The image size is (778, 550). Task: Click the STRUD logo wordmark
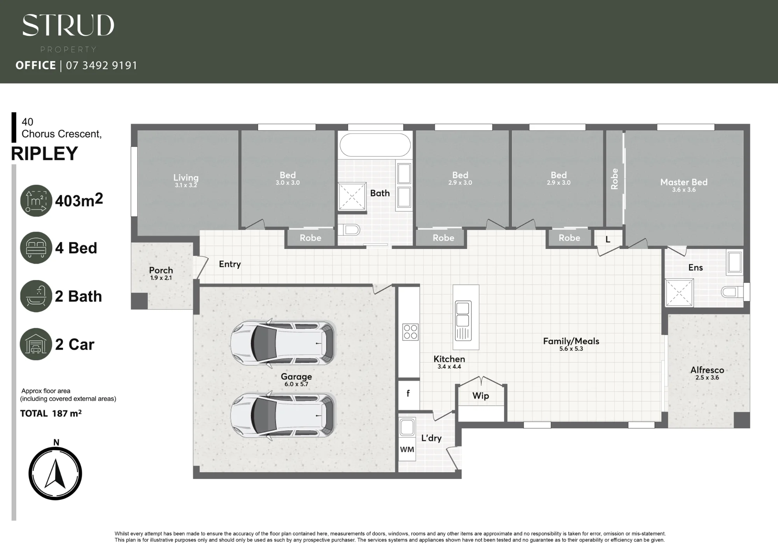click(68, 25)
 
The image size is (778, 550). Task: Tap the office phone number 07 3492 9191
click(102, 65)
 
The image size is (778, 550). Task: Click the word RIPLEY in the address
click(44, 154)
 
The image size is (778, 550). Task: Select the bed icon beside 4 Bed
click(36, 248)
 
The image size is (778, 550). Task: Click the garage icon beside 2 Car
click(36, 344)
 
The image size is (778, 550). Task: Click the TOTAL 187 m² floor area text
click(51, 413)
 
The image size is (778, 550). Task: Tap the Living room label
click(186, 178)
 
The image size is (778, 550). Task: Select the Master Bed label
click(684, 182)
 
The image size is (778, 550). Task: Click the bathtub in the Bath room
click(375, 145)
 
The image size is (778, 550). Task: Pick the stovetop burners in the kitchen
click(410, 332)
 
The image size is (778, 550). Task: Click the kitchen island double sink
click(463, 315)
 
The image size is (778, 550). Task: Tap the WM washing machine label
click(407, 450)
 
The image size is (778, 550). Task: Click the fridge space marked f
click(408, 394)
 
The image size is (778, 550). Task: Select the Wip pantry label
click(481, 396)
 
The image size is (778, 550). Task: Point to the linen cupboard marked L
click(608, 240)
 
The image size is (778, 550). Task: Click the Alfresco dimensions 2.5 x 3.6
click(707, 378)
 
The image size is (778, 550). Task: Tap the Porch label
click(161, 270)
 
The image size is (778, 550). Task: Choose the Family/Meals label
click(571, 341)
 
